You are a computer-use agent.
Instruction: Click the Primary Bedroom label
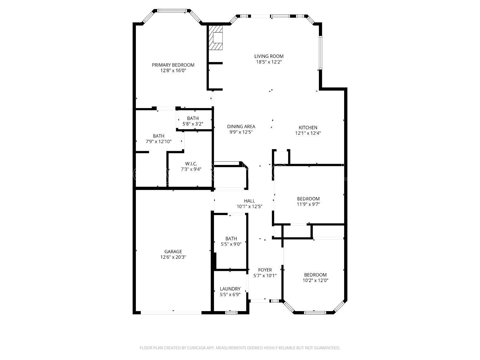173,65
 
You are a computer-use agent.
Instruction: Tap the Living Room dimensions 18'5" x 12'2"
269,62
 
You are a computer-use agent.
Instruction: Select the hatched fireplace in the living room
215,38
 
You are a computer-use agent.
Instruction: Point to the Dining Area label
241,126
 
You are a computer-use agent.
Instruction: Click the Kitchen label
308,127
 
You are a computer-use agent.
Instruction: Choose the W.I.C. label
191,163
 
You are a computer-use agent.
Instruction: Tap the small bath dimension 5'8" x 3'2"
193,124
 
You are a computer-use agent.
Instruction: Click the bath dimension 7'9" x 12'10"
158,141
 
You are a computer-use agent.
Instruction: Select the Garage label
173,252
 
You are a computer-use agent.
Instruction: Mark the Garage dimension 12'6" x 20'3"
173,257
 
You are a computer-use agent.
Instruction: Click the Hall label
250,201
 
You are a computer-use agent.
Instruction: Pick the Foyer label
265,270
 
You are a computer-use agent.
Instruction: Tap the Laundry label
230,289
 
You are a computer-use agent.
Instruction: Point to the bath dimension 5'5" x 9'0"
231,244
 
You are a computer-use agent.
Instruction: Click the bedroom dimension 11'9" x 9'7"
308,204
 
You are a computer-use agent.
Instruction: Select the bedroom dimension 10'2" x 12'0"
315,280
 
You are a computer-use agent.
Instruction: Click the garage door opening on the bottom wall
171,313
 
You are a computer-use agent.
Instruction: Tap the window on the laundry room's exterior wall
231,313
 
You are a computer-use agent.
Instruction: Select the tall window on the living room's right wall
320,53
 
